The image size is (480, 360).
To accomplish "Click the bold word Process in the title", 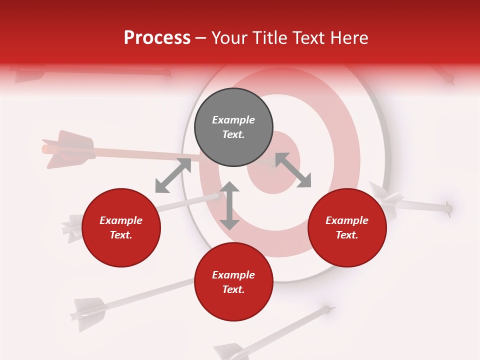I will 157,38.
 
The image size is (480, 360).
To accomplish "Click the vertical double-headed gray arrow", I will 229,206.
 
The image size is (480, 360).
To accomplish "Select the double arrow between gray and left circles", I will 173,175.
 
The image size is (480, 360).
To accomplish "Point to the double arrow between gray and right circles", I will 293,170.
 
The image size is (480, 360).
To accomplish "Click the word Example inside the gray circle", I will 233,120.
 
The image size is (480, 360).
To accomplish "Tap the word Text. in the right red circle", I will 347,235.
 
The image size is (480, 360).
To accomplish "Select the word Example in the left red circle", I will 121,220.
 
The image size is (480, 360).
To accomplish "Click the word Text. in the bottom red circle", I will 233,289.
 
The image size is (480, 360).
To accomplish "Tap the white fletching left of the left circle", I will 73,227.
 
